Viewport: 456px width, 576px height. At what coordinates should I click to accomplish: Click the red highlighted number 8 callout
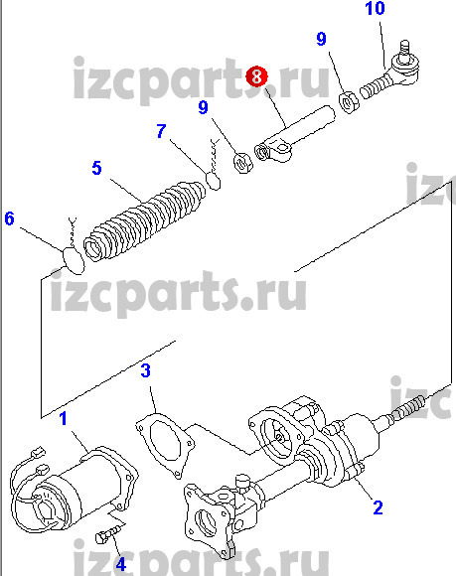pos(256,76)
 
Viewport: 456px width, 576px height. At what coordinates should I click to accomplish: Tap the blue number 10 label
pos(375,9)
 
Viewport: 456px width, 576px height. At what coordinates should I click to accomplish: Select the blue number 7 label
pos(161,131)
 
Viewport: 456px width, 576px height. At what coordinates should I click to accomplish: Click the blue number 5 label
pos(96,168)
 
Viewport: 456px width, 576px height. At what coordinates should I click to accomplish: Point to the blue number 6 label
pos(10,218)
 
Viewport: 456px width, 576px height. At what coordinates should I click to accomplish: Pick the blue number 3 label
pos(145,370)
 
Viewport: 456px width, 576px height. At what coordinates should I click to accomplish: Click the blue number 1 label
pos(64,418)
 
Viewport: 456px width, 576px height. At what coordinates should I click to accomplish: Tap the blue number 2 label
pos(378,507)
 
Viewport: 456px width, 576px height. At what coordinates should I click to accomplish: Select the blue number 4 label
pos(121,564)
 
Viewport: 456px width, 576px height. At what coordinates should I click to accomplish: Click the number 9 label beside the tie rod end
pos(321,39)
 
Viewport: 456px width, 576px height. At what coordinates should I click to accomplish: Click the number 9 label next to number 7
pos(204,107)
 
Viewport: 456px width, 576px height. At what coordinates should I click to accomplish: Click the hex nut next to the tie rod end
pos(349,102)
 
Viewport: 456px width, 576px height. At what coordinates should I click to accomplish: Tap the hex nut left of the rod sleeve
pos(242,163)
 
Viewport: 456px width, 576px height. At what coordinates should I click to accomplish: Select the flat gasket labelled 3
pos(165,444)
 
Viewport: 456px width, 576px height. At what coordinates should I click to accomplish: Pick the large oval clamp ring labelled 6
pos(73,261)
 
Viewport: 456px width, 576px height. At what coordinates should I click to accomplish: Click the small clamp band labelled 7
pos(214,181)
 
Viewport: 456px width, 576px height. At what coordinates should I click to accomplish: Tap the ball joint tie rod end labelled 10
pos(390,71)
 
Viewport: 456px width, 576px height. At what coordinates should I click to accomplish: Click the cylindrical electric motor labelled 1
pos(74,489)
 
